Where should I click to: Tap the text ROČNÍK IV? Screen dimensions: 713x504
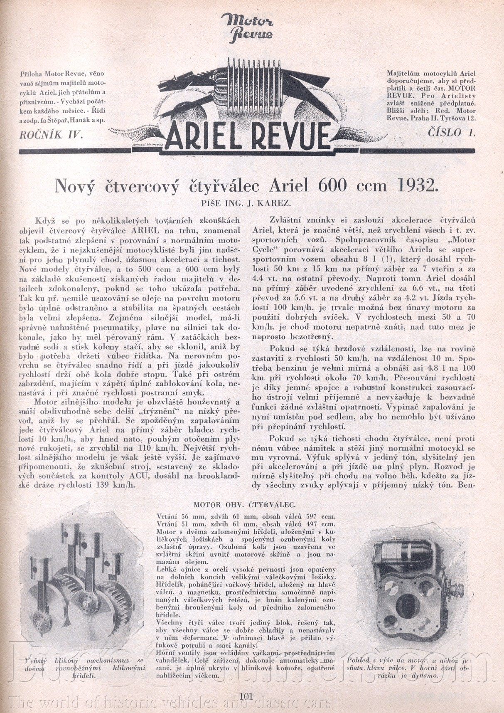[x=52, y=134]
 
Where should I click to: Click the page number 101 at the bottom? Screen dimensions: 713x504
[x=246, y=696]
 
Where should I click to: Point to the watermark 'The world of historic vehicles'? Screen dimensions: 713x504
[x=170, y=702]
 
